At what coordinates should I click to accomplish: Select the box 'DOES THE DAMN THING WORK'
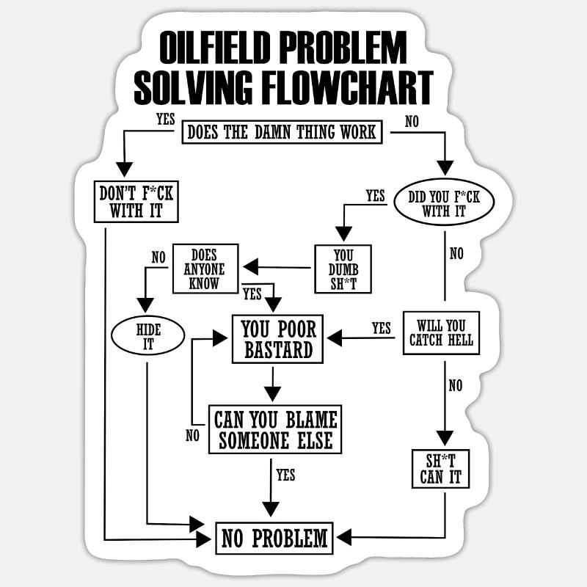click(x=282, y=132)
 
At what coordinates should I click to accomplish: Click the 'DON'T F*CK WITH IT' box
click(x=136, y=202)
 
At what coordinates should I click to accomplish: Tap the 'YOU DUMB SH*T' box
click(x=343, y=269)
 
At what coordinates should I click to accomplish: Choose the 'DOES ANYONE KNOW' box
click(x=205, y=269)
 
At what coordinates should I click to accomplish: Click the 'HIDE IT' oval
click(x=148, y=335)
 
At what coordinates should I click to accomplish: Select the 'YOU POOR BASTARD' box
click(x=278, y=339)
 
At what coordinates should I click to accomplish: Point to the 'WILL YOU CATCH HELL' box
click(x=441, y=332)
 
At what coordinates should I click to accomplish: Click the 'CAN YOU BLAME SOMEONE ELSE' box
click(x=275, y=429)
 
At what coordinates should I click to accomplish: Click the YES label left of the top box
click(x=165, y=118)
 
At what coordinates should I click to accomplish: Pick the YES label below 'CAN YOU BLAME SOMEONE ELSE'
click(x=286, y=475)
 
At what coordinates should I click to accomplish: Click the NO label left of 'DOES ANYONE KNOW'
click(x=158, y=257)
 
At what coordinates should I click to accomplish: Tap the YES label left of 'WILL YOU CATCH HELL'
click(x=382, y=328)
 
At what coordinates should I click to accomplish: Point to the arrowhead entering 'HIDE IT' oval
click(x=146, y=305)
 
